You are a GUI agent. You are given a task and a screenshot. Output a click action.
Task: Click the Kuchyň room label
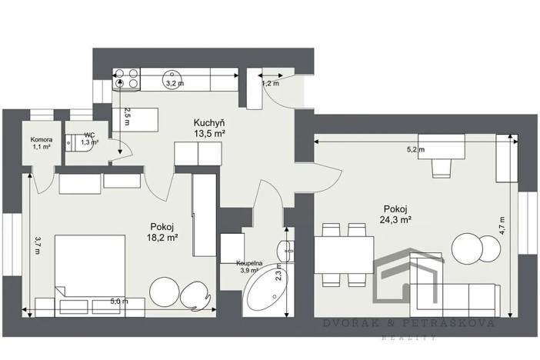click(209, 122)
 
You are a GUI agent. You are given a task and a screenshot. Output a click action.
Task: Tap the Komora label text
click(41, 139)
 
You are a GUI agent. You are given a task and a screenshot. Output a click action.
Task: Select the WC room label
click(89, 135)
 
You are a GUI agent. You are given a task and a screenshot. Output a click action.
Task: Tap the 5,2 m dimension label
click(415, 149)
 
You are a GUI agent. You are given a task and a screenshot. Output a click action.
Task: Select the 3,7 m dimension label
click(37, 244)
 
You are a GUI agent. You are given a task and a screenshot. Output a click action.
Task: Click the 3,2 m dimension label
click(174, 83)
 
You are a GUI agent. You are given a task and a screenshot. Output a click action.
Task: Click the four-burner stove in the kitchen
click(127, 78)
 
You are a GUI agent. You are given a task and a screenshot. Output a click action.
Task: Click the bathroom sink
click(286, 249)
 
